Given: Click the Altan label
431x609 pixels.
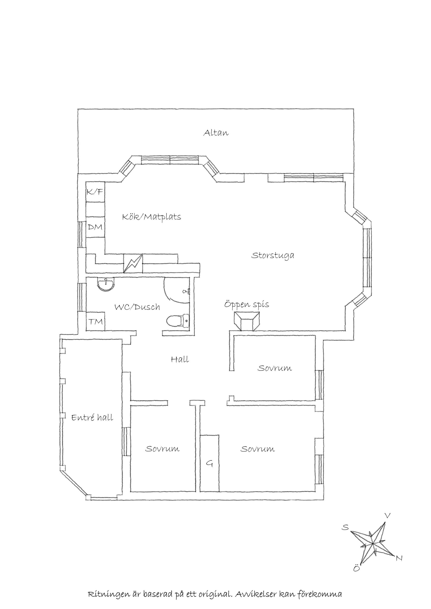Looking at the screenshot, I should point(216,133).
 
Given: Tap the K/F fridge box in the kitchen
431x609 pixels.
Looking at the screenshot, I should point(95,192).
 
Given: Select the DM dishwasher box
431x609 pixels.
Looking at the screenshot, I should point(95,227).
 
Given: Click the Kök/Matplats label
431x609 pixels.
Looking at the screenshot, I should point(152,217).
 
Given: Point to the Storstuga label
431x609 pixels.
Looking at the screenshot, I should point(273,256).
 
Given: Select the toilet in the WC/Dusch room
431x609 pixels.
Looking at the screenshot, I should point(178,321).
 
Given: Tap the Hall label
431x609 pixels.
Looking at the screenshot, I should point(180,360).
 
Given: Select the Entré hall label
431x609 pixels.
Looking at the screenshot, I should point(92,418).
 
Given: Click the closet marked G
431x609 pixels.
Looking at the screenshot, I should point(209,464).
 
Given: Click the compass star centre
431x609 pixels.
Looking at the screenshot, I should point(373,544).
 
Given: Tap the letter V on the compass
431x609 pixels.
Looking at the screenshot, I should point(388,516).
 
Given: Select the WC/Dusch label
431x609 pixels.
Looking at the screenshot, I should point(137,307).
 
